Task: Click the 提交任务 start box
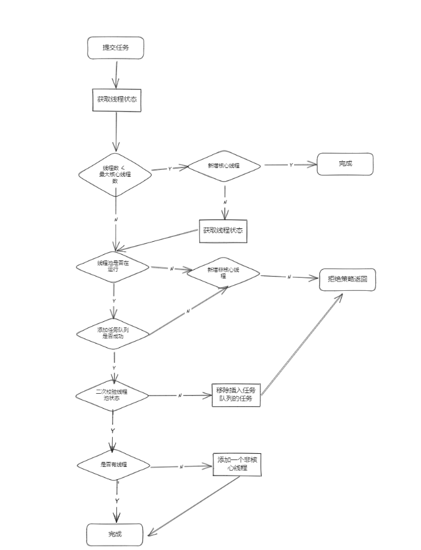click(116, 48)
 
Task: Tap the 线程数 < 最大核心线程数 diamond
click(115, 175)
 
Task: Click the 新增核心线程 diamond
click(224, 166)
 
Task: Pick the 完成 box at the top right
click(345, 164)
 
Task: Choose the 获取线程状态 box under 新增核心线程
click(223, 231)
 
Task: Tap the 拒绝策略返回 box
click(347, 279)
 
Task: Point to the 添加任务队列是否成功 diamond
click(113, 333)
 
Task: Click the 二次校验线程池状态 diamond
click(113, 396)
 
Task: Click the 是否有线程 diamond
click(113, 464)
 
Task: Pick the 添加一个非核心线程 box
click(237, 464)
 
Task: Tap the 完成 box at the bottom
click(115, 534)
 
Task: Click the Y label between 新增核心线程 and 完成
click(291, 165)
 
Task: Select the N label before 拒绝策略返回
click(289, 277)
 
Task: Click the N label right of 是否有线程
click(181, 466)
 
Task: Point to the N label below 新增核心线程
click(225, 202)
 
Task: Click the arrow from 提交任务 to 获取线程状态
click(115, 74)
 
